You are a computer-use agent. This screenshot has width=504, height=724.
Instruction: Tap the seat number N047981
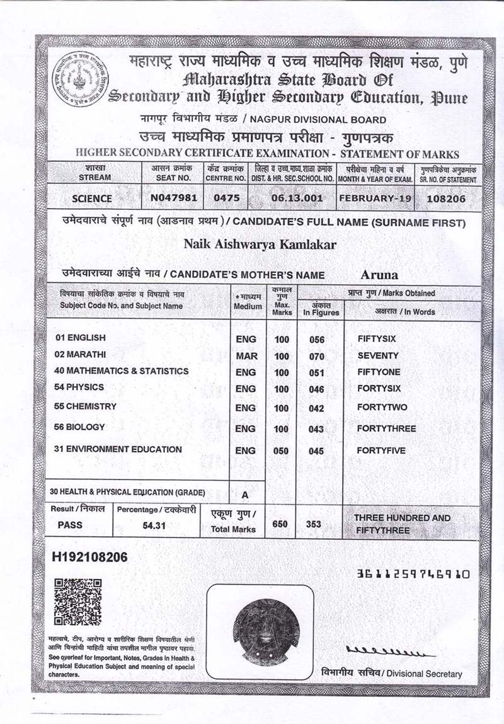174,198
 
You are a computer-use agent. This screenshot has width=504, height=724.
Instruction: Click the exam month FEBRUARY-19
375,198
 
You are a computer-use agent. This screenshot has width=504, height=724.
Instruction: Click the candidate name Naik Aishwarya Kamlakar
260,244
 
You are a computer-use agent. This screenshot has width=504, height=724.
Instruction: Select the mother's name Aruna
380,274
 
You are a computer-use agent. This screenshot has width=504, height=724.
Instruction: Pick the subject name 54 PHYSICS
79,387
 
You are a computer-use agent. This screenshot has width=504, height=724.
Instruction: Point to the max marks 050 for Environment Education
282,451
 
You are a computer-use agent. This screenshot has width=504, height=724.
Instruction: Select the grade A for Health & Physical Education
245,494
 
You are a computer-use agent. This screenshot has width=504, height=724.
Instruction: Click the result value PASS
70,524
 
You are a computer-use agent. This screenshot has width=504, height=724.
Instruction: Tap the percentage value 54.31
154,524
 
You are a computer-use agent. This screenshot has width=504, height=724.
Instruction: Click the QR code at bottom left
77,601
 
